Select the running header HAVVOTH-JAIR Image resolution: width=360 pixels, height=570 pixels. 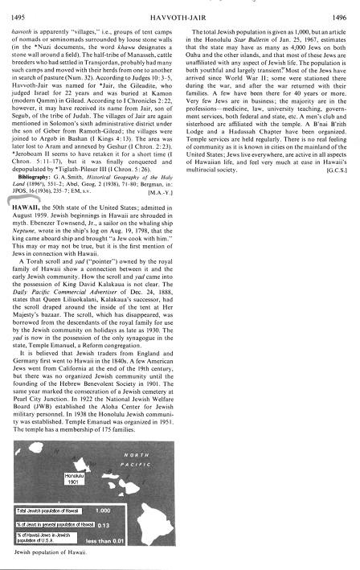pos(180,8)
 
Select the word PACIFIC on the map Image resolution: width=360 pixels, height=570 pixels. pos(148,466)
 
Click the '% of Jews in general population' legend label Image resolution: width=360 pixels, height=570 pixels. pos(51,523)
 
